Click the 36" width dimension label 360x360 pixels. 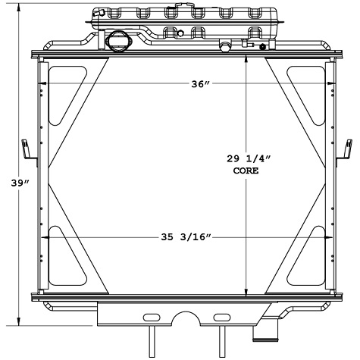[199, 85]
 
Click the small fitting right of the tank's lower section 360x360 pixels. [225, 48]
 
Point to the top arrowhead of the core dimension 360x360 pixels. [245, 63]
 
